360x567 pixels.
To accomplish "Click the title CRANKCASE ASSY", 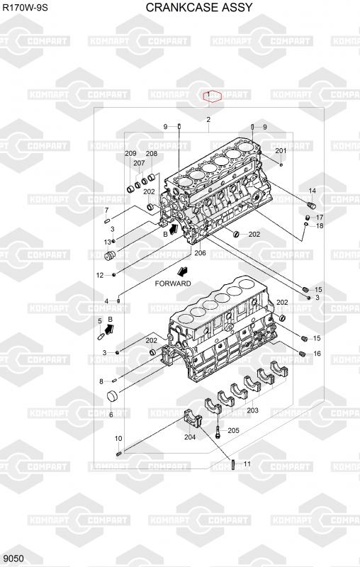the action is pos(199,7).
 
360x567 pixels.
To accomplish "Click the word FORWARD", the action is pos(173,283).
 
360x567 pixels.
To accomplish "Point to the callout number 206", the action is pos(200,253).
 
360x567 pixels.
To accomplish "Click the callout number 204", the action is pos(190,437).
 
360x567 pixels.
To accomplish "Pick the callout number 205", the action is pos(233,430).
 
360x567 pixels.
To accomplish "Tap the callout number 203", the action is pos(253,410).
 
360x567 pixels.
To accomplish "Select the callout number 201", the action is pos(281,151).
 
